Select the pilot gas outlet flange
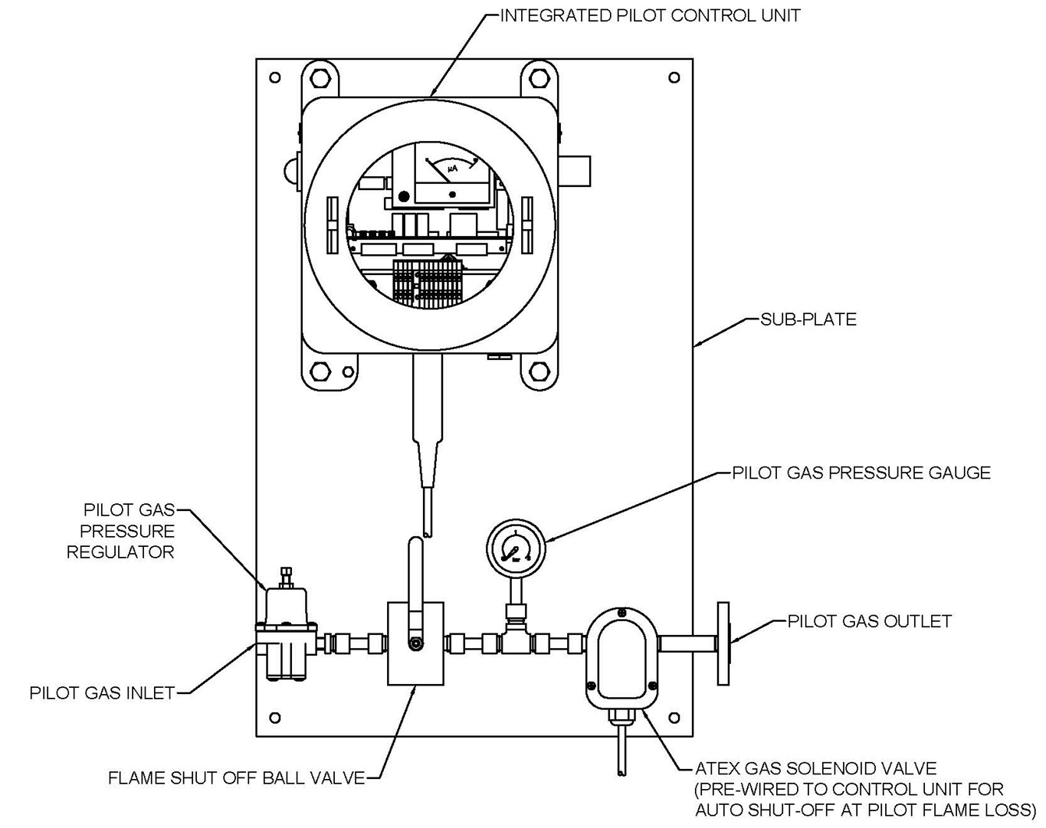[x=723, y=643]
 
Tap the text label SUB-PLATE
[x=808, y=319]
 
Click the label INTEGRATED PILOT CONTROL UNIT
[x=650, y=15]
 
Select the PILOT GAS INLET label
[x=102, y=693]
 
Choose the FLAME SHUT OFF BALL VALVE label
[x=236, y=778]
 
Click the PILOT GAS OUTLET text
[x=869, y=621]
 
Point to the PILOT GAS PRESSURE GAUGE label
[x=861, y=473]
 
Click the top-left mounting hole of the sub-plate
[x=275, y=77]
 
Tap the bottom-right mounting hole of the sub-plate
[x=674, y=718]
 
